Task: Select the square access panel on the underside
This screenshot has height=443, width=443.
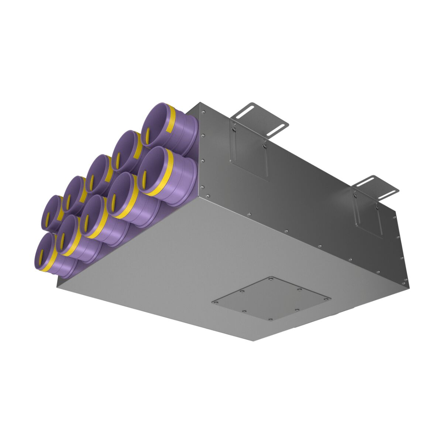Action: click(271, 299)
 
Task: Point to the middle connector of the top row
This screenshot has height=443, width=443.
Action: click(98, 174)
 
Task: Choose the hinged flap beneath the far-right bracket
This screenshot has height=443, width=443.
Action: click(367, 214)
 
